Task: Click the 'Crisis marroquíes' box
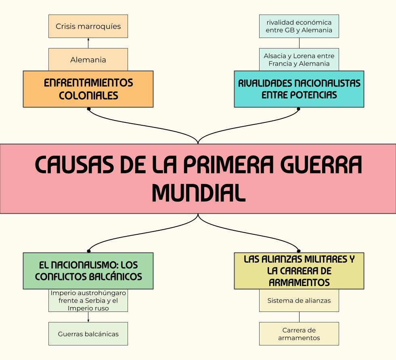tap(88, 26)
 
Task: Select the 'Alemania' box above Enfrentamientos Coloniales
tap(88, 60)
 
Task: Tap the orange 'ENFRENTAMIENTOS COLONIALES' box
tap(88, 89)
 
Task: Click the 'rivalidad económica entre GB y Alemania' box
tap(299, 26)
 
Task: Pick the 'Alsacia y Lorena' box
tap(299, 60)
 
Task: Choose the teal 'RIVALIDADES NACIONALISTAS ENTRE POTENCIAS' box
tap(299, 89)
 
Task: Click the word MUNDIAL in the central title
tap(198, 193)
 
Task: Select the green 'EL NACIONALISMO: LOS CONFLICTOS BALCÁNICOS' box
tap(88, 271)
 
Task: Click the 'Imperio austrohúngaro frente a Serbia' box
tap(88, 301)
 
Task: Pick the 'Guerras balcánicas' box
tap(88, 334)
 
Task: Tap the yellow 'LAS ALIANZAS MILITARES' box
tap(299, 271)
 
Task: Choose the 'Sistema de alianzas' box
tap(299, 301)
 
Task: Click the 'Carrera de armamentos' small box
tap(299, 334)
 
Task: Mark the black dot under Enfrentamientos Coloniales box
tap(88, 109)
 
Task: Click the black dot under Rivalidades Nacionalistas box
tap(299, 109)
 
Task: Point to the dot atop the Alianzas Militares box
tap(299, 251)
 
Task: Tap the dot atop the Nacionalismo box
tap(88, 251)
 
